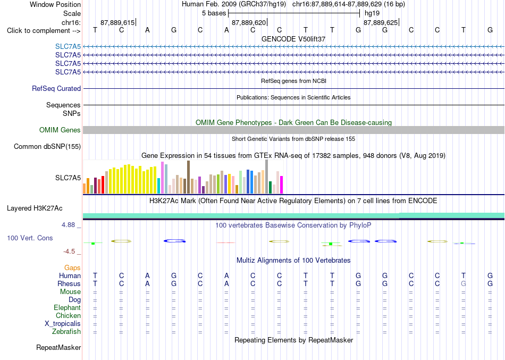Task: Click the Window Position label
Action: (x=55, y=4)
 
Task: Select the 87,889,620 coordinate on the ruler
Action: (x=249, y=22)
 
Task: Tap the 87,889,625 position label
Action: (x=381, y=22)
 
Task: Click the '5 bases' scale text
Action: (x=214, y=13)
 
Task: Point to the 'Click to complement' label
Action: (x=44, y=31)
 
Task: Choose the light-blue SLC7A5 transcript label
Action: (x=68, y=46)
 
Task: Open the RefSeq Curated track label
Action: (x=56, y=88)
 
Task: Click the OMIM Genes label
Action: (x=60, y=130)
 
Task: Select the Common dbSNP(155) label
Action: (x=47, y=146)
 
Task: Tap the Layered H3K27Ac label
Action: (x=35, y=208)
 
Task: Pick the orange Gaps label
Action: (x=72, y=267)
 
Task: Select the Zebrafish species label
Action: (x=66, y=331)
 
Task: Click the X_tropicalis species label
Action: (x=63, y=324)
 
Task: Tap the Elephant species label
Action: (x=67, y=307)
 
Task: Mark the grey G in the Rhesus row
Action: (x=464, y=283)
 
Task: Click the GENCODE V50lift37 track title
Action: (x=293, y=39)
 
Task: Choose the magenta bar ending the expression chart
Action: (x=282, y=185)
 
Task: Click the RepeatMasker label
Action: (x=58, y=347)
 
